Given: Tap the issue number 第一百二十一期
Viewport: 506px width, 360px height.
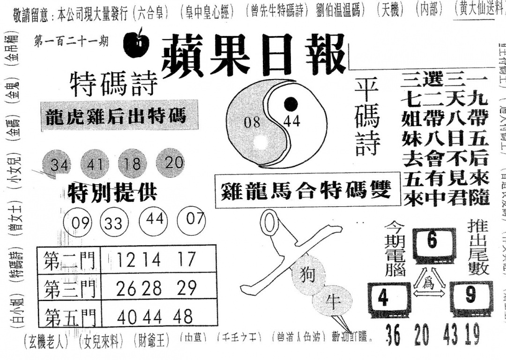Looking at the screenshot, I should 71,42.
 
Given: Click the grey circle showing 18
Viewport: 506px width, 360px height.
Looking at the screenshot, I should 133,163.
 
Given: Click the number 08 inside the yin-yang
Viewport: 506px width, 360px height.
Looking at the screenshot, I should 252,122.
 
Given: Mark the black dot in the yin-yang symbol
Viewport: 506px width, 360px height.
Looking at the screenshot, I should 291,103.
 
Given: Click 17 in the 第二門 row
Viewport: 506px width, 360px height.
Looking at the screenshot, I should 186,259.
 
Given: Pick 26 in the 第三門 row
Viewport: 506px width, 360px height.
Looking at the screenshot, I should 126,288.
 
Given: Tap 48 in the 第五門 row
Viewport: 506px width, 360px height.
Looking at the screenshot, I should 182,317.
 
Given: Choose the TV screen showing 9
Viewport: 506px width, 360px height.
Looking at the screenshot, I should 470,295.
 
